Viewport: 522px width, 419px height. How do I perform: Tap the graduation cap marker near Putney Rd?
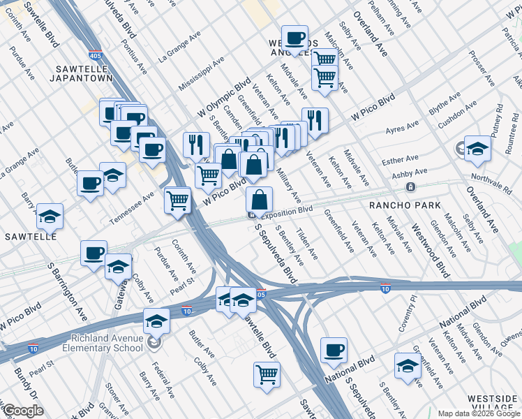pyautogui.click(x=477, y=148)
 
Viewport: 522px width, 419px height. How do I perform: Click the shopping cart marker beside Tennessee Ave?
pyautogui.click(x=177, y=200)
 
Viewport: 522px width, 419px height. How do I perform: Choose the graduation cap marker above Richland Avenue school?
pyautogui.click(x=156, y=321)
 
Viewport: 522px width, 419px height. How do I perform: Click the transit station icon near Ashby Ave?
pyautogui.click(x=410, y=186)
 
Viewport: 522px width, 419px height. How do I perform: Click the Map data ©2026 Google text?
pyautogui.click(x=479, y=413)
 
